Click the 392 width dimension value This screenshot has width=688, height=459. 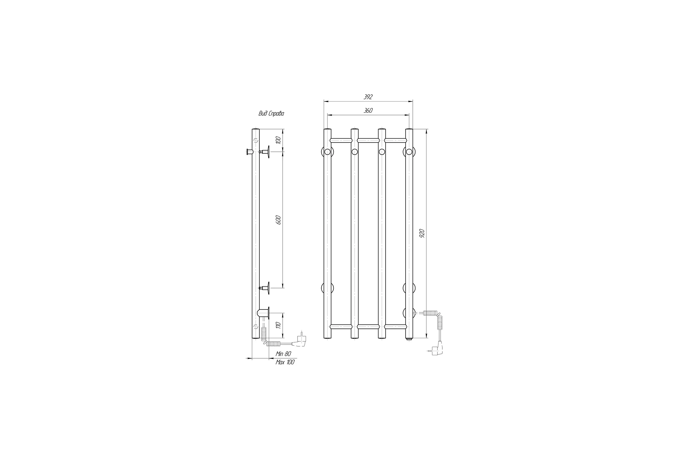click(x=368, y=97)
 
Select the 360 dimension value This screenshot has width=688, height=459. click(x=368, y=110)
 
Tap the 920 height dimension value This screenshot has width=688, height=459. click(x=422, y=233)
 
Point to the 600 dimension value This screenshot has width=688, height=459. click(x=278, y=219)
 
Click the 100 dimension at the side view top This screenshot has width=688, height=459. click(x=278, y=140)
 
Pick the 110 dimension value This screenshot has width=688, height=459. click(x=278, y=325)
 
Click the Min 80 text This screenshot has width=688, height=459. click(x=284, y=354)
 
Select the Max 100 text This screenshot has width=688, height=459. click(x=285, y=362)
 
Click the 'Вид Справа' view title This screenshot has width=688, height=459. click(x=271, y=114)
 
